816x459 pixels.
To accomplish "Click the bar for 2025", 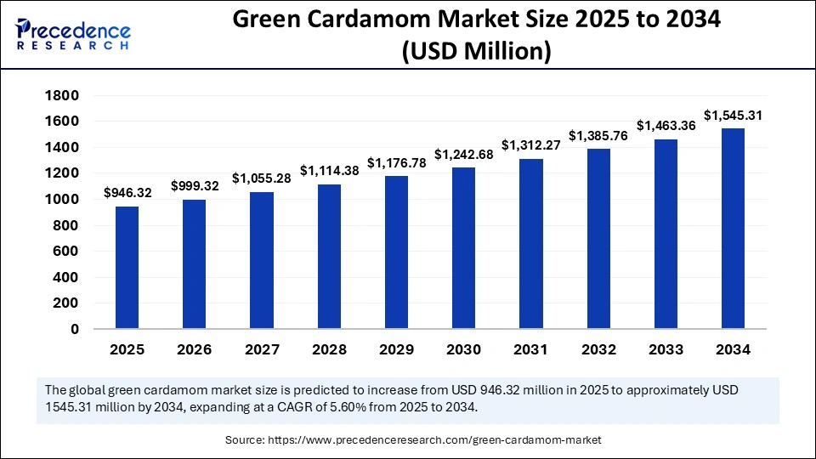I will (127, 267).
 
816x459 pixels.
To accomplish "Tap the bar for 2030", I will (463, 247).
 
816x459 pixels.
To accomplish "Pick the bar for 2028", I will (329, 256).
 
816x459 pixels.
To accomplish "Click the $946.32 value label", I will (127, 193).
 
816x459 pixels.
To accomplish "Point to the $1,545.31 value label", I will (733, 115).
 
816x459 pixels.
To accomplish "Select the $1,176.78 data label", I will (396, 162).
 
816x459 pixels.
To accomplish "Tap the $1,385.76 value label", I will (598, 135).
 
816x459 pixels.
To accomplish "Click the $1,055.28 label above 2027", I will (262, 178).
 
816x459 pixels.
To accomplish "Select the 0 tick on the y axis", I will (74, 329).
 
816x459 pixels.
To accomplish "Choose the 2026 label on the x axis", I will (194, 349).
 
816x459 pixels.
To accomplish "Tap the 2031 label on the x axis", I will (530, 349).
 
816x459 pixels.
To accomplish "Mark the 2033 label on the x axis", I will (666, 349).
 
